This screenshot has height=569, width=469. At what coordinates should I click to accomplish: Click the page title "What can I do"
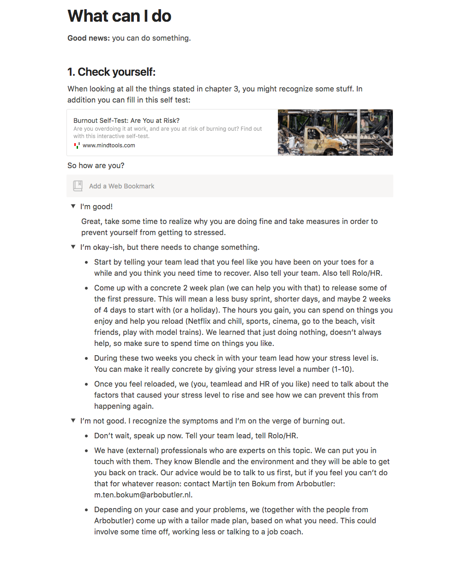pos(119,16)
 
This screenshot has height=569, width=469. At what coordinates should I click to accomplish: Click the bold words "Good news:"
pos(89,38)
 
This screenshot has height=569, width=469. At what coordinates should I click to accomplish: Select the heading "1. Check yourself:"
pos(111,72)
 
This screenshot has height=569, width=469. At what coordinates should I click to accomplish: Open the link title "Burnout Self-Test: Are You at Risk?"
pos(126,121)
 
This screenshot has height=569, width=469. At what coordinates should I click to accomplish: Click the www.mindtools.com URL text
pos(109,145)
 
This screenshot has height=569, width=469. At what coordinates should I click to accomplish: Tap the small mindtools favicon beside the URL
pos(77,145)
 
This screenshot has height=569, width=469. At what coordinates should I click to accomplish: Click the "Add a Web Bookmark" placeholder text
pos(122,186)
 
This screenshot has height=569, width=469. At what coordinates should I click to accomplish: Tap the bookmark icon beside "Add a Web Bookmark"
pos(78,186)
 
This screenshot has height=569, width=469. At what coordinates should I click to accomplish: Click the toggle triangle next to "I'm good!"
pos(73,206)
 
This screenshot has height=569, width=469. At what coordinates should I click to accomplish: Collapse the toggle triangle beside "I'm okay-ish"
pos(73,247)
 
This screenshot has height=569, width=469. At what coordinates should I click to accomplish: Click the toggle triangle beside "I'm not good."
pos(73,421)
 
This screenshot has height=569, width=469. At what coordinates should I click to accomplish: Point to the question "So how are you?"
pos(96,165)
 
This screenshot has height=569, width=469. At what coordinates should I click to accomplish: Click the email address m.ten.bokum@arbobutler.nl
pos(143,495)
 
